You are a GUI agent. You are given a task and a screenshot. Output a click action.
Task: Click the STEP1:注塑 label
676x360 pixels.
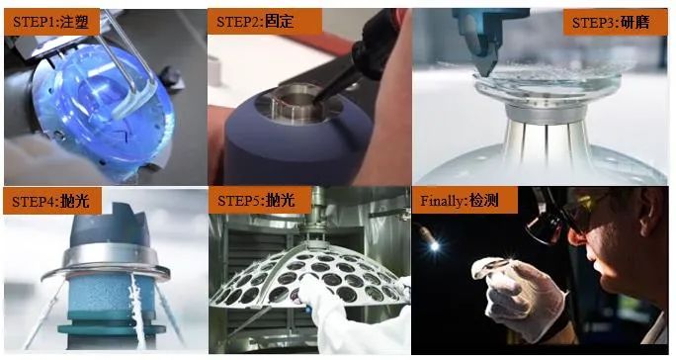click(x=51, y=22)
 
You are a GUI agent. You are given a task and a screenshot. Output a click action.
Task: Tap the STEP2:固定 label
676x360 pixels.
click(x=265, y=21)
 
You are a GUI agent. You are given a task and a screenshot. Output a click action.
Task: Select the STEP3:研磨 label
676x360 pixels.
click(x=616, y=22)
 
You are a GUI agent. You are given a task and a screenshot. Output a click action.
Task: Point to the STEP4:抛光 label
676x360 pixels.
click(x=52, y=201)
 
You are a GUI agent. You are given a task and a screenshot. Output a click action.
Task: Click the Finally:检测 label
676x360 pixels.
click(x=465, y=201)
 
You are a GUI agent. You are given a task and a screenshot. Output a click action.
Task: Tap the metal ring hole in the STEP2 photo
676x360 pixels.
click(x=297, y=104)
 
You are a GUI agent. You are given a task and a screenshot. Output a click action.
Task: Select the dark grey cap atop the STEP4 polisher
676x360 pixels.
click(x=110, y=226)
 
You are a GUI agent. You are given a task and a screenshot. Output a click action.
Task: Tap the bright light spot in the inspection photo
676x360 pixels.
click(x=434, y=246)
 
